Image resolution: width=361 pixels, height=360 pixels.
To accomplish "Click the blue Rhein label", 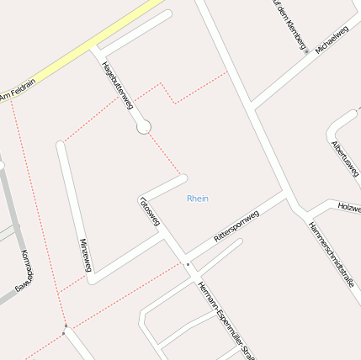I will click(198, 199).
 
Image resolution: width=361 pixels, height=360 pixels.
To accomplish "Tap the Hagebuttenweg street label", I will click(117, 84).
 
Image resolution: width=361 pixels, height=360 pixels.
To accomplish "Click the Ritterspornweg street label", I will click(236, 227).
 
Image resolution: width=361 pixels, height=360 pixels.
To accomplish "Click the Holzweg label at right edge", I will click(348, 204).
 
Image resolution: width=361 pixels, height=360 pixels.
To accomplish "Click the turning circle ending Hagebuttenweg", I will click(144, 126).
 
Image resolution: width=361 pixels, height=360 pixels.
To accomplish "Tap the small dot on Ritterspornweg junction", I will click(188, 265).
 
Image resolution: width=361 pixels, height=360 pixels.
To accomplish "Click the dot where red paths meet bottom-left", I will click(65, 326).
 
